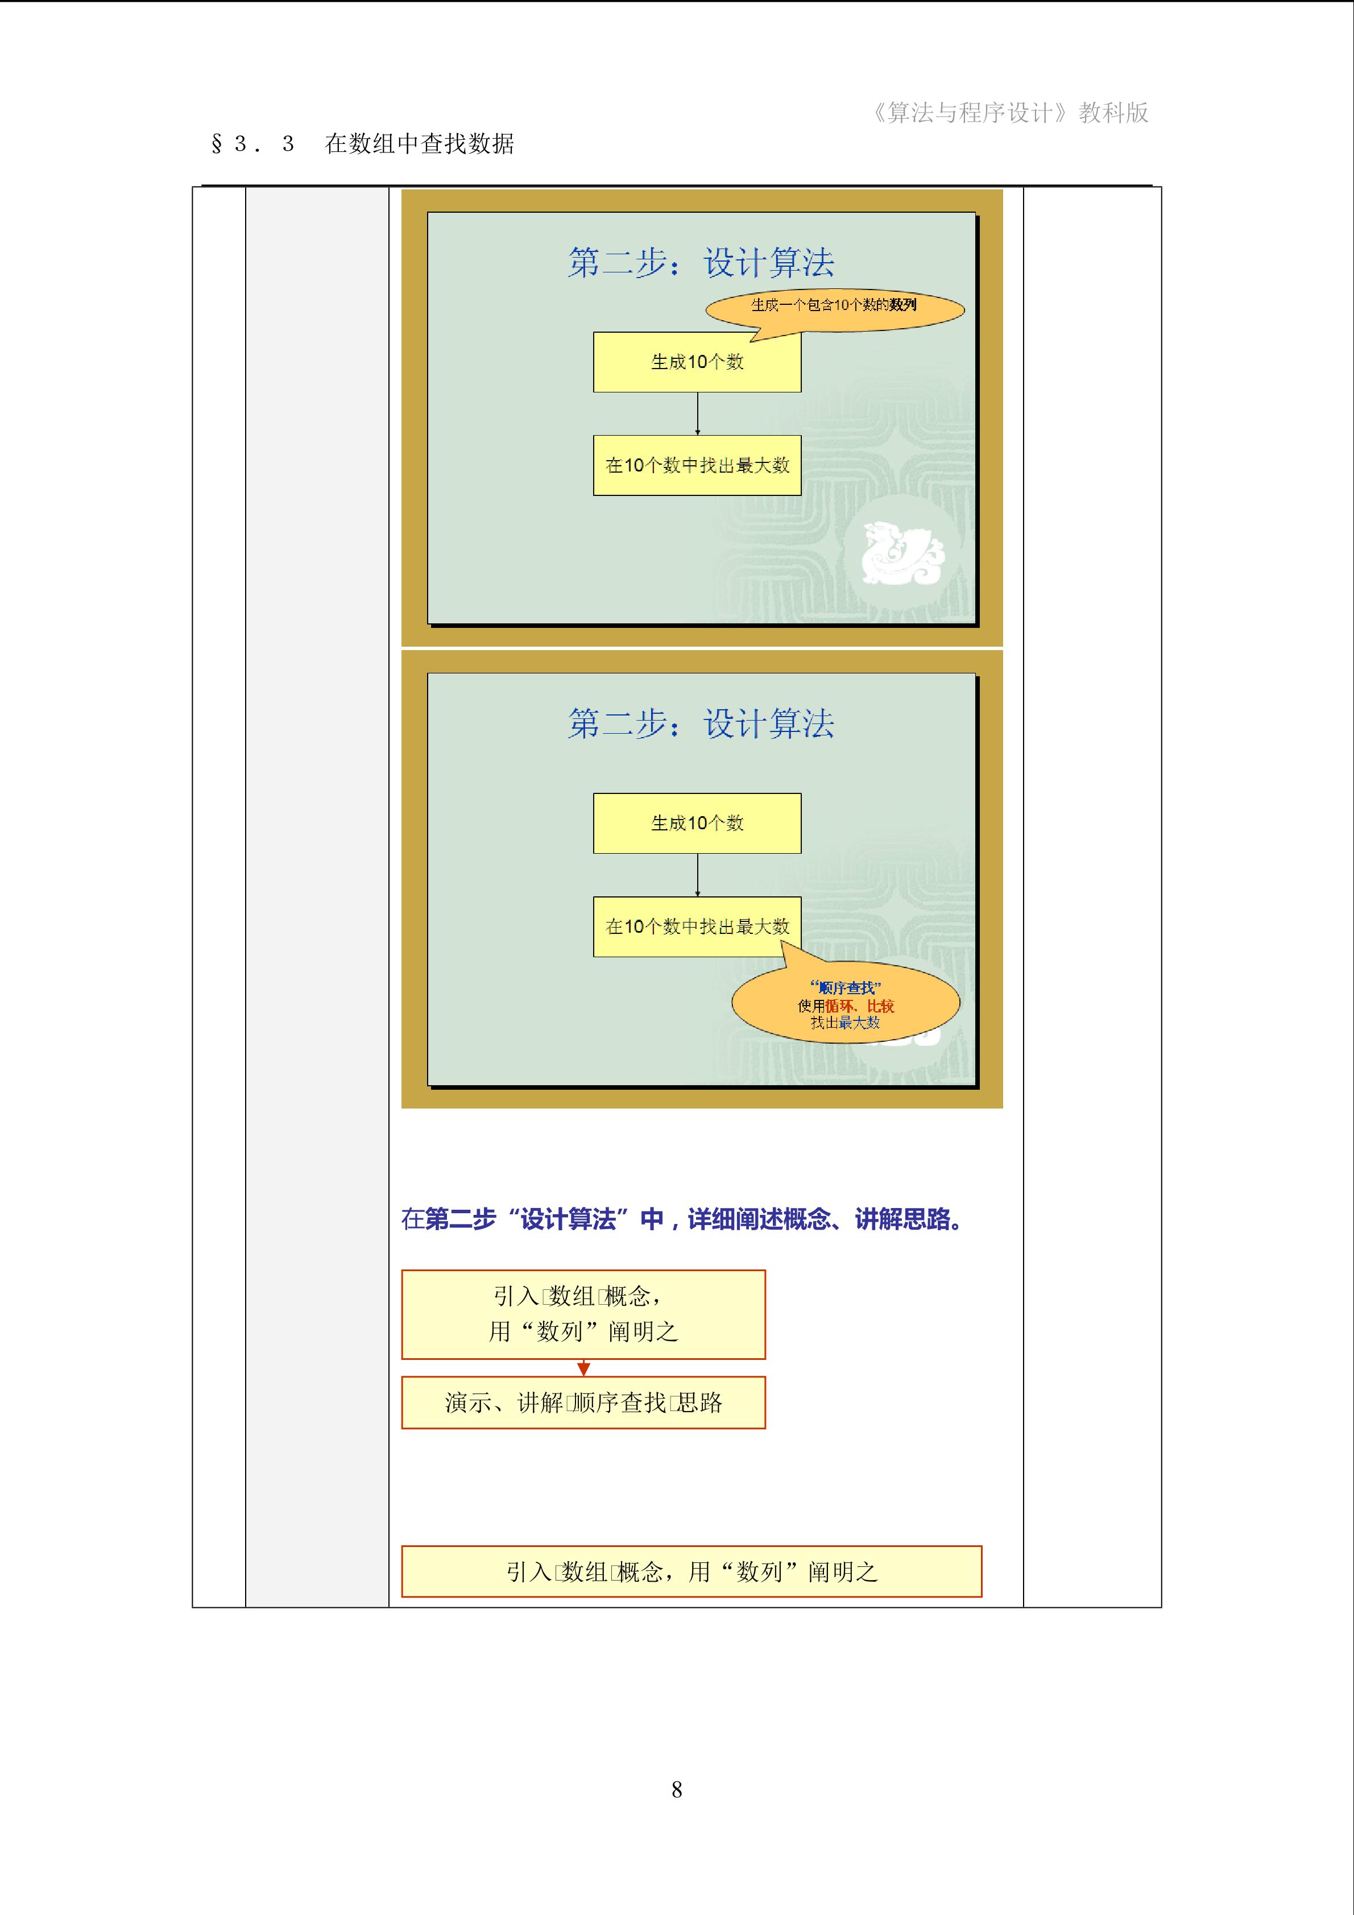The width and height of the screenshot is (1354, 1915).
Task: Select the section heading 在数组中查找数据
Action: [419, 143]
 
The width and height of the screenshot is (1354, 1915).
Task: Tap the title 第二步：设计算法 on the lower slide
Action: [701, 723]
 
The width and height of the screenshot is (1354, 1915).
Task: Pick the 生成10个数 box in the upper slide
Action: [697, 362]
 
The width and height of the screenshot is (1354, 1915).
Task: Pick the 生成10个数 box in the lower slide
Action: [697, 823]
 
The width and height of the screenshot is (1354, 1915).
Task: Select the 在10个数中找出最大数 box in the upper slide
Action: [697, 465]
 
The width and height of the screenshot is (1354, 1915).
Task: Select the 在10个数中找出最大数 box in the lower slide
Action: [697, 927]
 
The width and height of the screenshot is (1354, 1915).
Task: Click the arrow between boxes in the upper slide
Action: [698, 413]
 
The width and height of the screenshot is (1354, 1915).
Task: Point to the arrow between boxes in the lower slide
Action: [698, 875]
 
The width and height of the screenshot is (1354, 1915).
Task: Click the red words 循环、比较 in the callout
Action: [860, 1006]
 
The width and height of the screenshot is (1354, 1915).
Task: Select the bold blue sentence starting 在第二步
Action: [682, 1219]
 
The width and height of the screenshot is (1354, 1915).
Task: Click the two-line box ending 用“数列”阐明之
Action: [583, 1314]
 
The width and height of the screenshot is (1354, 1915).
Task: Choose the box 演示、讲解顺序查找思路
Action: [583, 1403]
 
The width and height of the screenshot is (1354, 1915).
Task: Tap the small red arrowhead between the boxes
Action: [583, 1368]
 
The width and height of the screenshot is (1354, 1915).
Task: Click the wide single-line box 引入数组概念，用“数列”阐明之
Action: [692, 1572]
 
